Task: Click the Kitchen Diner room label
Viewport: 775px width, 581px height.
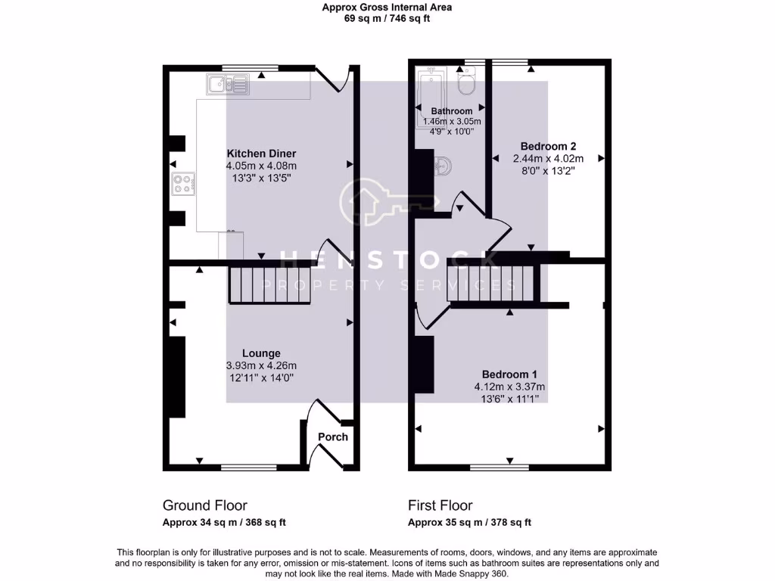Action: [x=260, y=154]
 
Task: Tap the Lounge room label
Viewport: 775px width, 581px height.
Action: [x=261, y=353]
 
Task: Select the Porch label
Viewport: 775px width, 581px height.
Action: [x=333, y=437]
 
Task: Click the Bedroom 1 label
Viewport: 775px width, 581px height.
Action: [x=509, y=374]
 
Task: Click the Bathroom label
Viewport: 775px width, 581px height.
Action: [x=452, y=111]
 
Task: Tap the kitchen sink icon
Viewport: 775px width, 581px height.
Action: [x=226, y=83]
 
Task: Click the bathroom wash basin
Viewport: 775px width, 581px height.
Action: [x=443, y=166]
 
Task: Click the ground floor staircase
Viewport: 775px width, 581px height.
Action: [x=270, y=284]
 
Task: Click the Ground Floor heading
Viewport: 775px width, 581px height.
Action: [x=204, y=505]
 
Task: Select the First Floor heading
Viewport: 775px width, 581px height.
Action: [x=440, y=505]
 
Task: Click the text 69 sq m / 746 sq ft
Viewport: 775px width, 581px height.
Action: [x=387, y=19]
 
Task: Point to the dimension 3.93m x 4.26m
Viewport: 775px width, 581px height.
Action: [x=261, y=366]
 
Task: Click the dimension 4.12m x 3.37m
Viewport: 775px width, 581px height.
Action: [x=509, y=387]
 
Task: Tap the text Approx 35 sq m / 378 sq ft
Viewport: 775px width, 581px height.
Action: [x=469, y=522]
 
